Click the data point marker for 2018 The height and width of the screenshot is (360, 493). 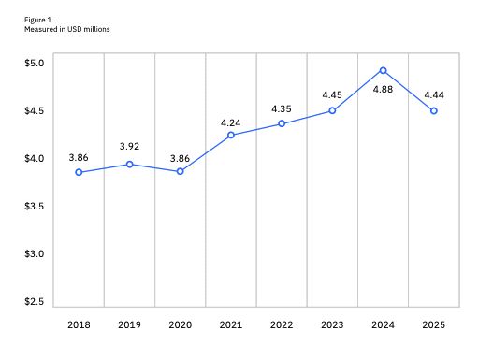pyautogui.click(x=79, y=172)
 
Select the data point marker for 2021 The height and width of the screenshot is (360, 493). pyautogui.click(x=231, y=135)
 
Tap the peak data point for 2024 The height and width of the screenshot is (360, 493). pyautogui.click(x=384, y=70)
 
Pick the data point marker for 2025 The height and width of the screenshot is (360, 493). pyautogui.click(x=434, y=111)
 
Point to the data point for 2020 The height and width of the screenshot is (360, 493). pyautogui.click(x=181, y=171)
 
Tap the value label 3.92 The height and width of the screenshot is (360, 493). pyautogui.click(x=129, y=147)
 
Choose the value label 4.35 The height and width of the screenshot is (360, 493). pyautogui.click(x=282, y=108)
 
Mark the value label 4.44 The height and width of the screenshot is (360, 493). pyautogui.click(x=434, y=94)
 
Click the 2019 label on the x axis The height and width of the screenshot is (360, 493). pyautogui.click(x=129, y=324)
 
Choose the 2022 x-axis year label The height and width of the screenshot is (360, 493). pyautogui.click(x=282, y=324)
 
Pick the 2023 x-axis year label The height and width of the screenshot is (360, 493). pyautogui.click(x=332, y=324)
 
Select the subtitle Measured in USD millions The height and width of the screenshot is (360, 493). pyautogui.click(x=67, y=30)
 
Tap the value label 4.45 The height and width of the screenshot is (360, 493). pyautogui.click(x=332, y=94)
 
